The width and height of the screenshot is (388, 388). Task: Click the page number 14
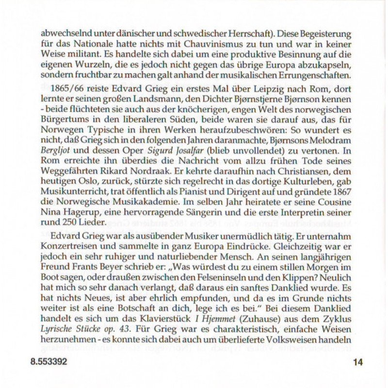coord(358,361)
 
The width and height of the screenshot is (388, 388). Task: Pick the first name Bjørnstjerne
coord(246,102)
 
